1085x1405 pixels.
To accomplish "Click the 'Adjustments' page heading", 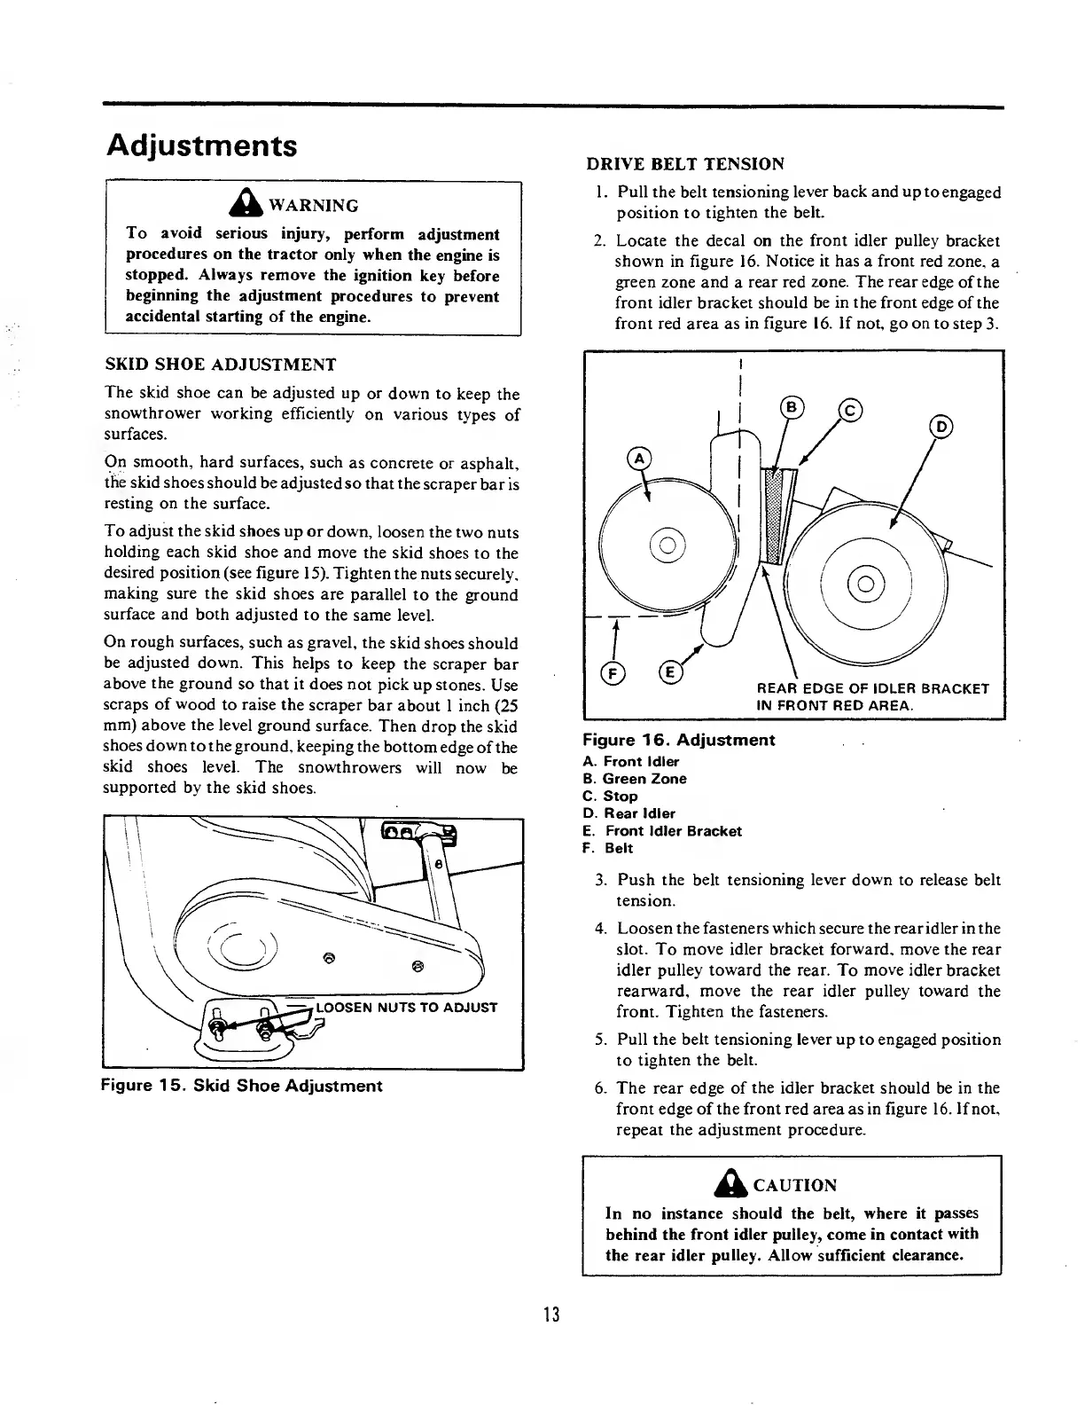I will pos(201,145).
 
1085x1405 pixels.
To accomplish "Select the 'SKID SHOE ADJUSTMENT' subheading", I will pos(220,365).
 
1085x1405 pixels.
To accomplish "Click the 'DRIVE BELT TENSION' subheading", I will pos(685,163).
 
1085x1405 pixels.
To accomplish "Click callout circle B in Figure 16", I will pos(790,407).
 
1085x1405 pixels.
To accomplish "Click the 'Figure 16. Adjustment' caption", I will pos(678,740).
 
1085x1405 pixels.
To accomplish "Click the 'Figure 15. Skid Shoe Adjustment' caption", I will pos(242,1086).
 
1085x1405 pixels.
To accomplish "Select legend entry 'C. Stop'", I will pos(610,796).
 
